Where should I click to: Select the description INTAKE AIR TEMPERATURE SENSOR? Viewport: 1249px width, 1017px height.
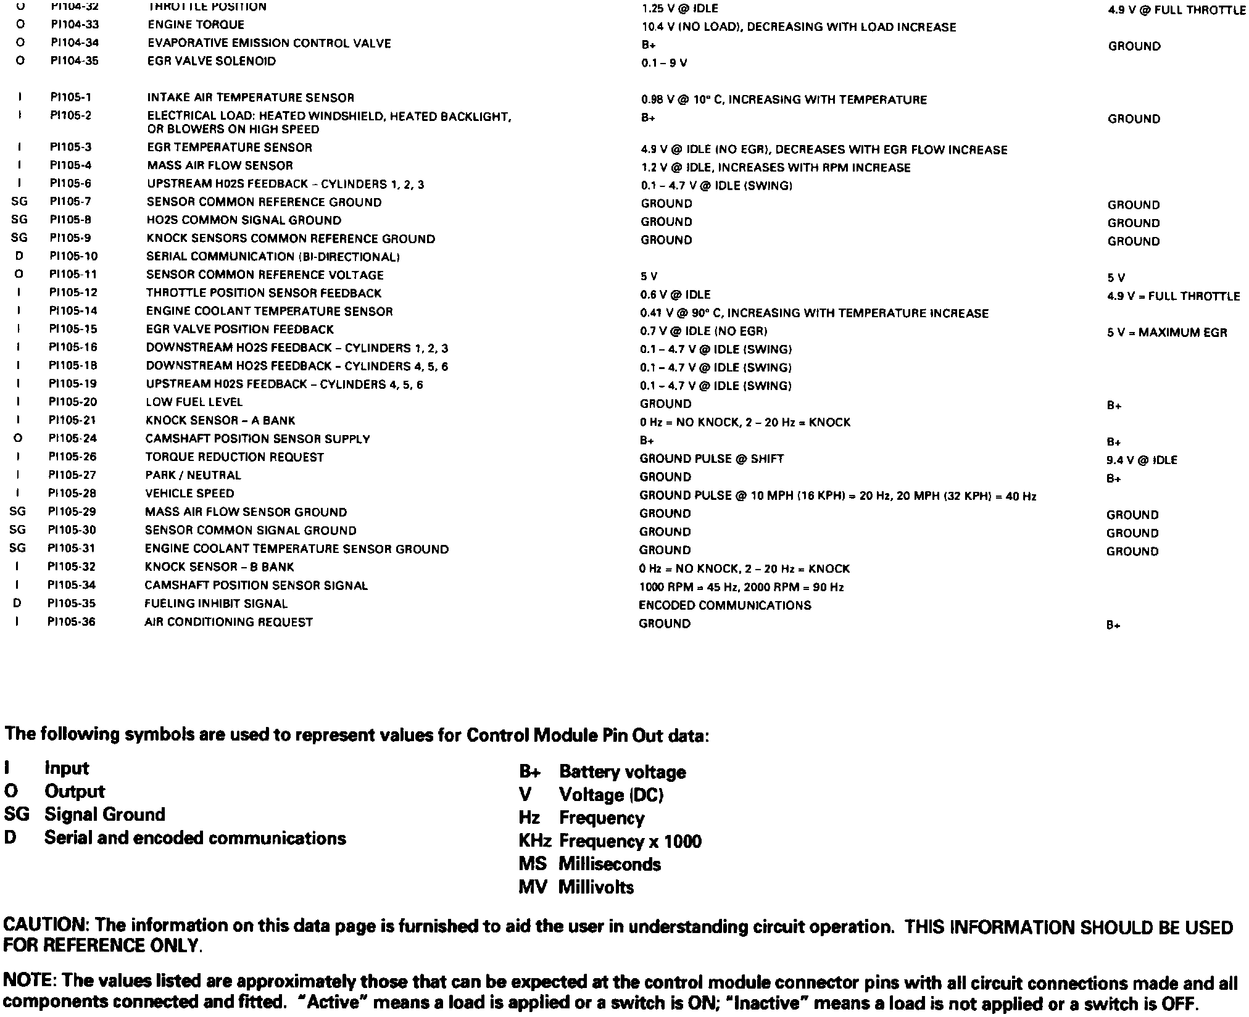click(251, 98)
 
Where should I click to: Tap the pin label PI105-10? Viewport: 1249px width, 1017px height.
click(73, 256)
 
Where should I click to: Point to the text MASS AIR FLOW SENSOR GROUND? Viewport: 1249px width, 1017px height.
click(246, 512)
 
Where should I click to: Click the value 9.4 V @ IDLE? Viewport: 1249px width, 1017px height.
click(1142, 460)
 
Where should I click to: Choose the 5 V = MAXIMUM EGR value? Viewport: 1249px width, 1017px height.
click(1167, 333)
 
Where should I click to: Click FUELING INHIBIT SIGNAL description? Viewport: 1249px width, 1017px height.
click(216, 604)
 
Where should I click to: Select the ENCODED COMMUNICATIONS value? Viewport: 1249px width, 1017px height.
click(724, 605)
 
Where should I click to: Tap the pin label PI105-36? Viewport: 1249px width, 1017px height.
click(72, 621)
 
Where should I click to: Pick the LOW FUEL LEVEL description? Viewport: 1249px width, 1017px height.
click(194, 402)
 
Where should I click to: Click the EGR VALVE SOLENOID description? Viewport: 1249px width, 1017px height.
click(211, 61)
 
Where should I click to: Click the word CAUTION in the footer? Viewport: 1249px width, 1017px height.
click(46, 925)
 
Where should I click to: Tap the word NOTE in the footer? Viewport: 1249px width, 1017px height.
click(30, 981)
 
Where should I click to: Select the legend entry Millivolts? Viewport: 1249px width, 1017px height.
click(595, 887)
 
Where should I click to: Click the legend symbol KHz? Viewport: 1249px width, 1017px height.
click(534, 841)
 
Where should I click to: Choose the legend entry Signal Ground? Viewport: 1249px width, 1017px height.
click(104, 815)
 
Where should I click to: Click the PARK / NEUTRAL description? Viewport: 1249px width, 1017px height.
click(193, 475)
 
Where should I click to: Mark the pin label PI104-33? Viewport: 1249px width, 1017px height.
click(75, 25)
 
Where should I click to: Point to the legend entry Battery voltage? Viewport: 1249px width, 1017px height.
click(622, 772)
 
